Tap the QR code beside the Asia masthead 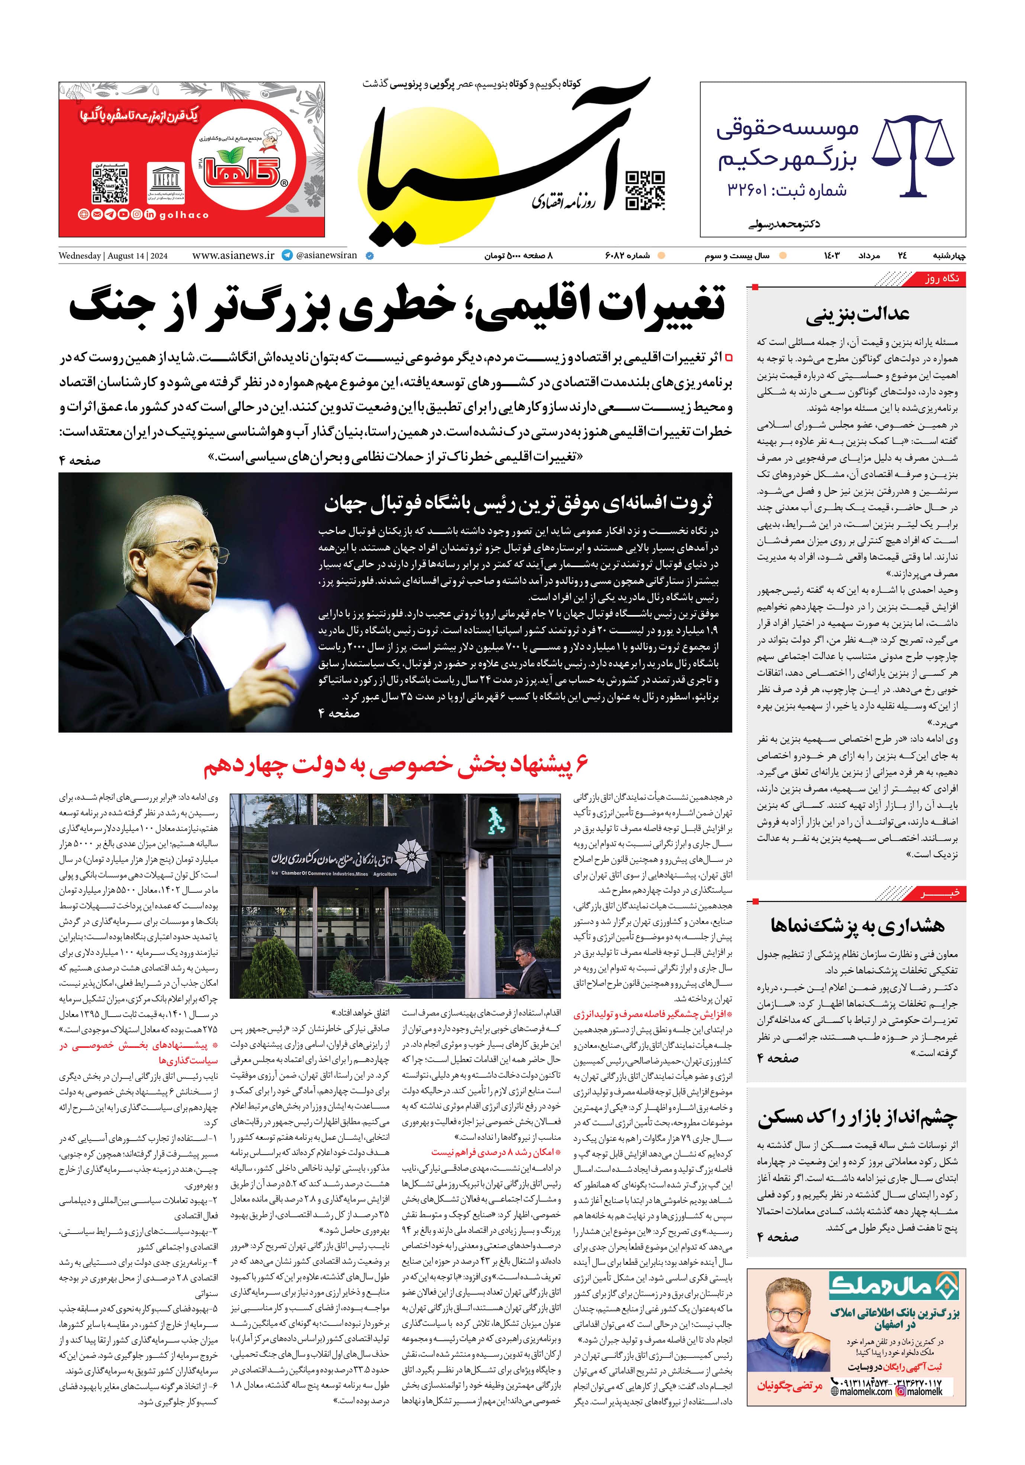point(645,190)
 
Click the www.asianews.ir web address point(233,255)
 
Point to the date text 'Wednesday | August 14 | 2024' point(113,256)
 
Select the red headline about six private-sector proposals point(395,766)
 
